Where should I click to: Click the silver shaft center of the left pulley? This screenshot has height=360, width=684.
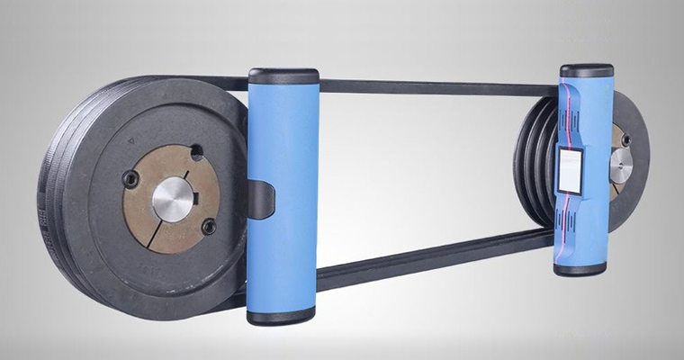[x=171, y=199]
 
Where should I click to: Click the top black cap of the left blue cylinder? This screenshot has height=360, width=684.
[x=283, y=76]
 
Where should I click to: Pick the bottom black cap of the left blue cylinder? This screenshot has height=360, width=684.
[x=281, y=315]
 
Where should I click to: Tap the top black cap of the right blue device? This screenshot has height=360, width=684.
[x=586, y=69]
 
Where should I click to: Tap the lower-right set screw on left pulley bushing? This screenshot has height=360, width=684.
[x=208, y=228]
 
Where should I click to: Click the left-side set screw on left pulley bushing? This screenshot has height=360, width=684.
[x=131, y=180]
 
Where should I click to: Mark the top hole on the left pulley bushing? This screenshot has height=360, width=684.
[x=196, y=152]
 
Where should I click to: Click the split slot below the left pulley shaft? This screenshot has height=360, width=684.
[x=158, y=236]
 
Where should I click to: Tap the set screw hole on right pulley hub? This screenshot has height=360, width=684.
[x=625, y=139]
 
